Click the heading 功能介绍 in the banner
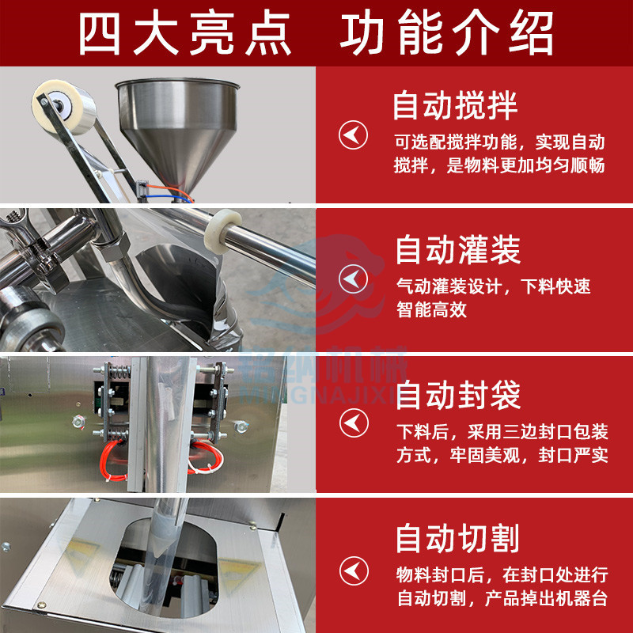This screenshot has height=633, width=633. tap(446, 32)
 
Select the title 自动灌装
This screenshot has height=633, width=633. tap(458, 251)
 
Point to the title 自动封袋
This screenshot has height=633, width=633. tap(458, 394)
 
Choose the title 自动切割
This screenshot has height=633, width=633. tap(458, 539)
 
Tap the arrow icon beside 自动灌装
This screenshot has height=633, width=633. tap(353, 279)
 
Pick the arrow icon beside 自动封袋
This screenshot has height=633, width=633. tap(353, 423)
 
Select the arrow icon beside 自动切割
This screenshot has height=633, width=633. tap(353, 568)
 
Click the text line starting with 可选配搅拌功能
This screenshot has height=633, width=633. tap(499, 142)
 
